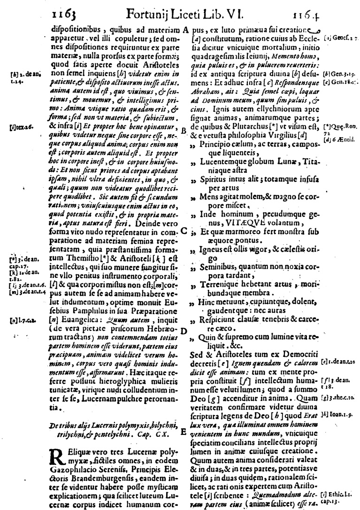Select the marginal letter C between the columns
coord(184,231)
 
